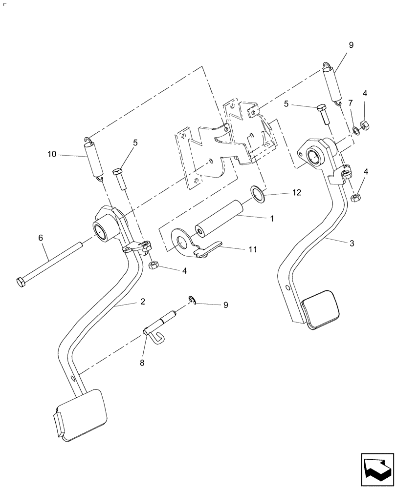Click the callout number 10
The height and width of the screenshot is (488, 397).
(x=52, y=154)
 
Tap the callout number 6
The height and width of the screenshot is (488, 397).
(x=41, y=237)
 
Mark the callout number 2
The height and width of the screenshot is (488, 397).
(x=142, y=302)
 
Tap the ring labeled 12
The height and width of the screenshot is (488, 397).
(x=257, y=193)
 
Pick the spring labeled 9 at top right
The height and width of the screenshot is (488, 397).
(x=332, y=84)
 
